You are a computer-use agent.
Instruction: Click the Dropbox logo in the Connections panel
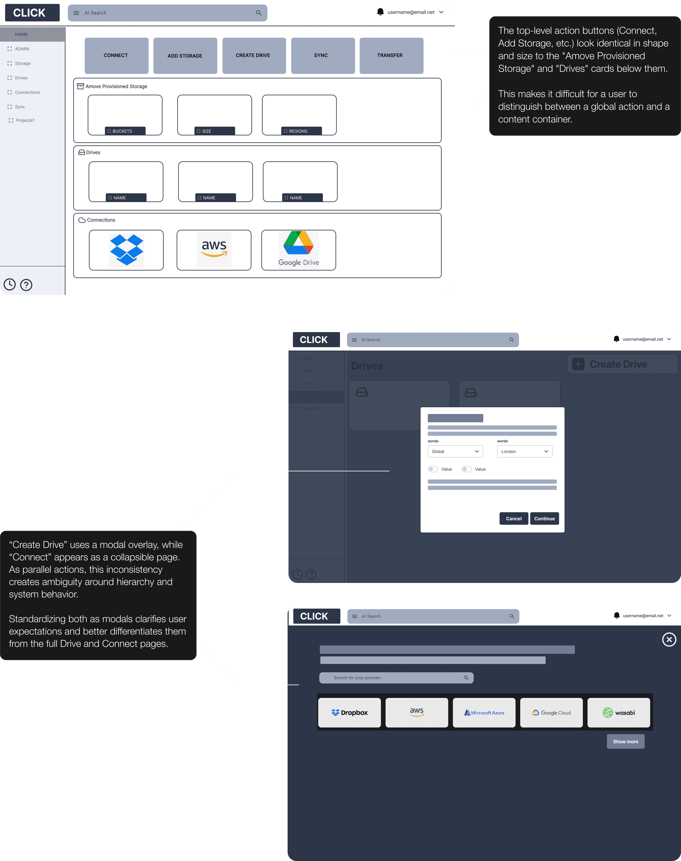click(x=126, y=250)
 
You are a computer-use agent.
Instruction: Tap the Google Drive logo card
click(x=299, y=250)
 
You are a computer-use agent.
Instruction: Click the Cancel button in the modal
click(x=514, y=518)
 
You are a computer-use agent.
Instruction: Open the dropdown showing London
click(x=524, y=451)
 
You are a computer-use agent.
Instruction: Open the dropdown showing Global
click(x=455, y=451)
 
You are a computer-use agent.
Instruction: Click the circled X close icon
click(x=669, y=640)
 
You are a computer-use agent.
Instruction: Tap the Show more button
click(x=625, y=741)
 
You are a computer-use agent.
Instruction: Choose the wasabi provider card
click(x=618, y=713)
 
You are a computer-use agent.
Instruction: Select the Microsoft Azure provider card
click(x=484, y=713)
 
